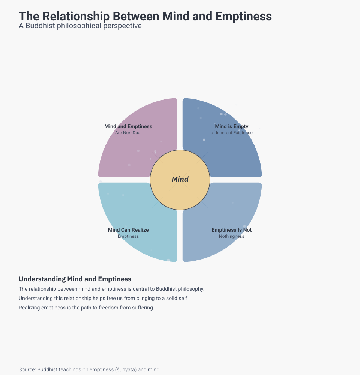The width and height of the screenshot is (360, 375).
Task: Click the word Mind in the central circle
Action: [180, 180]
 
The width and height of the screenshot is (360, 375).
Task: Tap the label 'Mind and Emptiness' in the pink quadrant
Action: [128, 127]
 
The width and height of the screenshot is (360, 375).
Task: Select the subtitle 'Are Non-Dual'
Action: [128, 133]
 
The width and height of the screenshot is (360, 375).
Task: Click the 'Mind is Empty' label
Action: [232, 127]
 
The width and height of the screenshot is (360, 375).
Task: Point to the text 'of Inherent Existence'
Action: [232, 133]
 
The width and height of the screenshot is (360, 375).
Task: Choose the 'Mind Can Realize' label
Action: [128, 230]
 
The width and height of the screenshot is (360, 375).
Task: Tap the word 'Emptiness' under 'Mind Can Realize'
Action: [128, 236]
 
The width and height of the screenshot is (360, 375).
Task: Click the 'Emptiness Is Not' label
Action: [232, 230]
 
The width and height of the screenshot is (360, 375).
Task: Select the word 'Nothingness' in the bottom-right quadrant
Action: [232, 236]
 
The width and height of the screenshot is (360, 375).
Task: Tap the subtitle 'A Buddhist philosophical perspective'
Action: [80, 26]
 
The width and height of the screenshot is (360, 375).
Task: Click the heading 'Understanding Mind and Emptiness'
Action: [75, 279]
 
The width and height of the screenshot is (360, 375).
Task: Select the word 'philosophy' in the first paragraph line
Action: [190, 289]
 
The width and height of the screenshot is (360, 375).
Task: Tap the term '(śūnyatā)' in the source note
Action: [126, 370]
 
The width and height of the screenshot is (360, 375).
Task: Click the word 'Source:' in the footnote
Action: [27, 370]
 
